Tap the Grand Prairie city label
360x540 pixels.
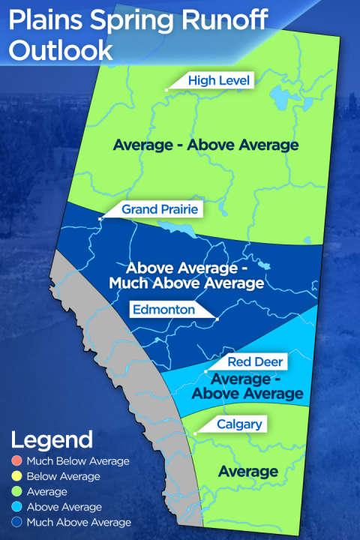160,209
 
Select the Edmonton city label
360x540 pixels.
163,309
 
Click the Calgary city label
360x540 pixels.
239,424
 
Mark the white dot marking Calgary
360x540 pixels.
194,433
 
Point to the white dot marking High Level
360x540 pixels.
166,90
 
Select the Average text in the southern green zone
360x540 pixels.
247,472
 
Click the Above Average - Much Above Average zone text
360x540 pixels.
195,275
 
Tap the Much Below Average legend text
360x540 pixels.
78,461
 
